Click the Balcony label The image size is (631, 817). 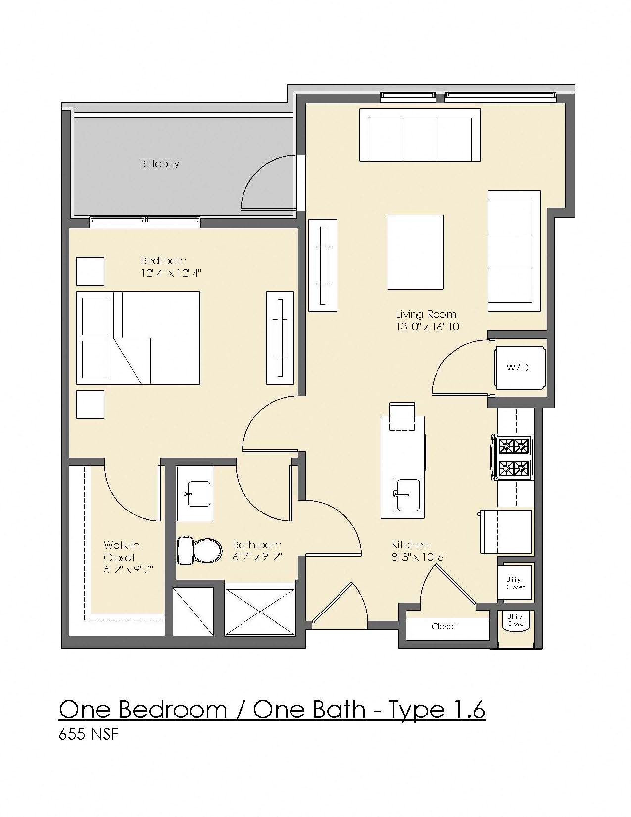159,164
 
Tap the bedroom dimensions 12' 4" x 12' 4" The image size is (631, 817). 171,273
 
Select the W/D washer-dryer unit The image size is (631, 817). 517,367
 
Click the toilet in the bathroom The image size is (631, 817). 199,550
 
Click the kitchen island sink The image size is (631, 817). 407,494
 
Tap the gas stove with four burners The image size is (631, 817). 513,457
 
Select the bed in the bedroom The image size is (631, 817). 138,338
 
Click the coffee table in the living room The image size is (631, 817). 415,252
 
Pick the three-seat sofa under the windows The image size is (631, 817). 420,135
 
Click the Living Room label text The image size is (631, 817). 426,314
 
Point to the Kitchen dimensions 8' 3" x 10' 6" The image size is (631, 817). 419,557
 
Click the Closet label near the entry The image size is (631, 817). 443,626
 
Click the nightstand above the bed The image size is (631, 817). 90,271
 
